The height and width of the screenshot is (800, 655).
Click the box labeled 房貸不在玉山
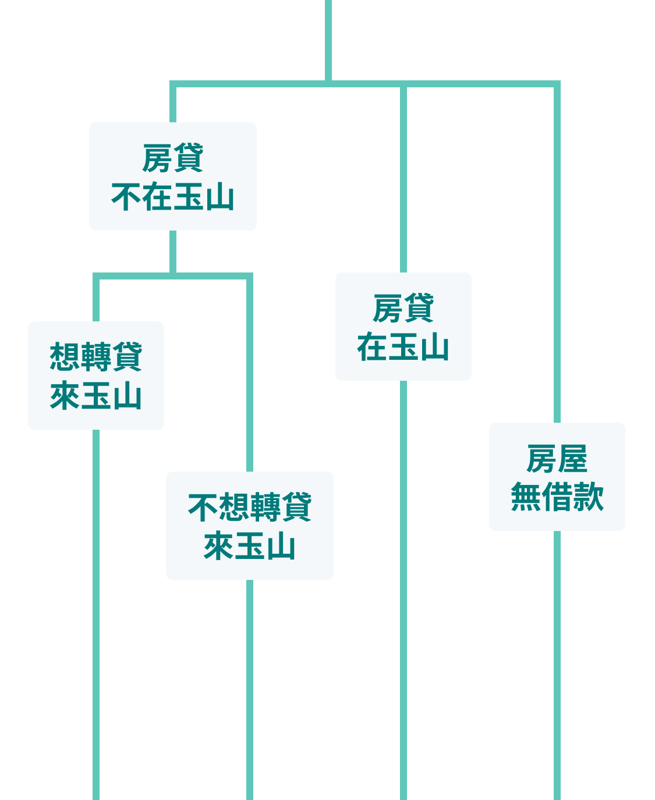point(172,176)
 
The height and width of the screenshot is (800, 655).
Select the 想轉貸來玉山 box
point(96,375)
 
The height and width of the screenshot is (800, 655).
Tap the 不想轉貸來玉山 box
point(249,525)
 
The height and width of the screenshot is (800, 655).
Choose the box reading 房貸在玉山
point(403,326)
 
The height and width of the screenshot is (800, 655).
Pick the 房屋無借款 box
point(557,476)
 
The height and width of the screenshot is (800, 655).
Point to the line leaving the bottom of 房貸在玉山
point(403,582)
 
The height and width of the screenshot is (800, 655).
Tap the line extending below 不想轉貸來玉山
point(250,687)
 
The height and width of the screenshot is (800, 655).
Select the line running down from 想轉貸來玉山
point(96,611)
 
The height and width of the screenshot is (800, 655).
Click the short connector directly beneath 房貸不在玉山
point(173,250)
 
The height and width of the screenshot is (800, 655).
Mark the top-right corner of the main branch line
point(557,84)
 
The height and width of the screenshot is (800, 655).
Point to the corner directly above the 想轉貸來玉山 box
point(97,277)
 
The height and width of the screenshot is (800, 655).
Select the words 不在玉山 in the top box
point(172,197)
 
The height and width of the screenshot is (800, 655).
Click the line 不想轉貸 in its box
point(249,507)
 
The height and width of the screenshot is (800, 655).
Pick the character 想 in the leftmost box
point(65,356)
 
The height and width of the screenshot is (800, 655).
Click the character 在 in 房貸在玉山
point(372,347)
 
